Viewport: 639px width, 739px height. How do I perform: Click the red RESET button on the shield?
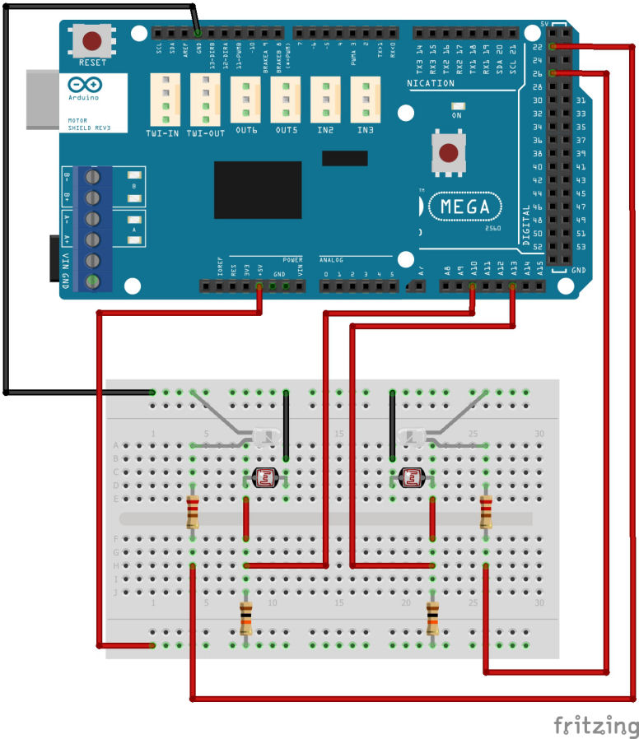tap(92, 40)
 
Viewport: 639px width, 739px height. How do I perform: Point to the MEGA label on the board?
tap(466, 206)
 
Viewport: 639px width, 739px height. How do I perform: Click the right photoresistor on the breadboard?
tap(411, 476)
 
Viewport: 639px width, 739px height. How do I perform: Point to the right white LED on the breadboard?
tap(412, 436)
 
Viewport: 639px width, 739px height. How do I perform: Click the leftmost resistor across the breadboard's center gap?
tap(193, 512)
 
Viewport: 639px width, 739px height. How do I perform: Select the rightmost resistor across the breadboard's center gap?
tap(487, 512)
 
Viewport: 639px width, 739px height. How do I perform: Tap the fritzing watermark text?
tap(595, 726)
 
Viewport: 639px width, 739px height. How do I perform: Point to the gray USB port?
tap(41, 100)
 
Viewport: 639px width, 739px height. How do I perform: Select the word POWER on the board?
tap(292, 258)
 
